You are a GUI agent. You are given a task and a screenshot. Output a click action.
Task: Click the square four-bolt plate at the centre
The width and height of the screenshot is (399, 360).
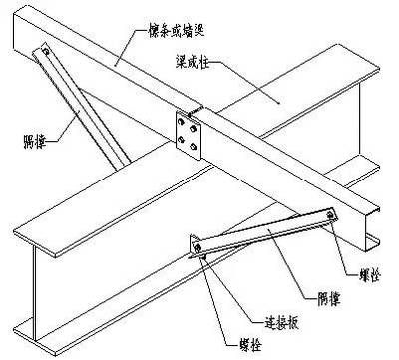[186, 133]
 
